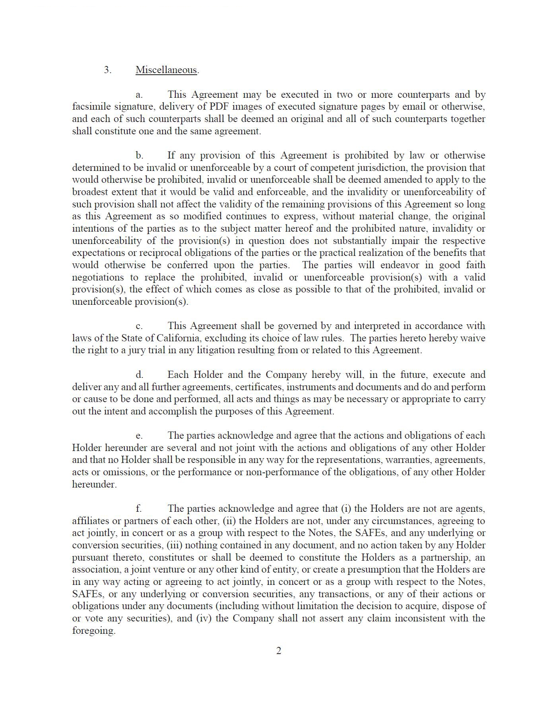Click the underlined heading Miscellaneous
pos(166,70)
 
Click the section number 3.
pos(107,70)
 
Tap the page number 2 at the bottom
pos(279,651)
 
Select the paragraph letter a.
pos(139,95)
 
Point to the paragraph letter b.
pos(139,155)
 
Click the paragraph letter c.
pos(139,326)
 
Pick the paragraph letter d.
pos(139,375)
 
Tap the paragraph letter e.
pos(139,436)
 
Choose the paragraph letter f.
pos(138,509)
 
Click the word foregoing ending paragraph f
pos(93,631)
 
